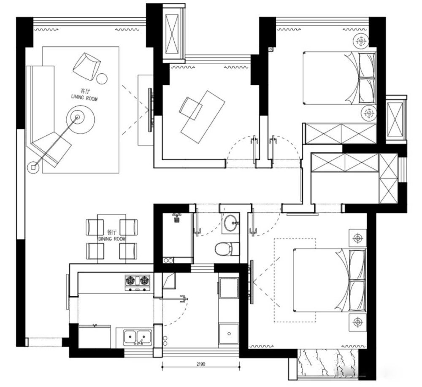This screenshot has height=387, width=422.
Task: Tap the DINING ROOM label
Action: point(112,239)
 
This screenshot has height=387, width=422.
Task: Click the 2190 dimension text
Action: point(201,364)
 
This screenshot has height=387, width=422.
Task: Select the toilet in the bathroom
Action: point(227,249)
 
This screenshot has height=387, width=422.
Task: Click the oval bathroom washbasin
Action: point(230,223)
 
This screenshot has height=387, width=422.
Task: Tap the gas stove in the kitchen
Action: point(138,283)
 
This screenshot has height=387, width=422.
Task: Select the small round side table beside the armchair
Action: point(102,78)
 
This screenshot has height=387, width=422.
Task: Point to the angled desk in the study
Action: point(203,117)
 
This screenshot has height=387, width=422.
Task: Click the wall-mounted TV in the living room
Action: point(150,110)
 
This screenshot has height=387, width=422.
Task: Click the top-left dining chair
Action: point(95,227)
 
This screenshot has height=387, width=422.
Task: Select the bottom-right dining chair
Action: point(128,251)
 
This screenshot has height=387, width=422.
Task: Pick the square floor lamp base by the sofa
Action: point(33,168)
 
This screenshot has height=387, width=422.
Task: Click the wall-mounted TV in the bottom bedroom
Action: point(252,282)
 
